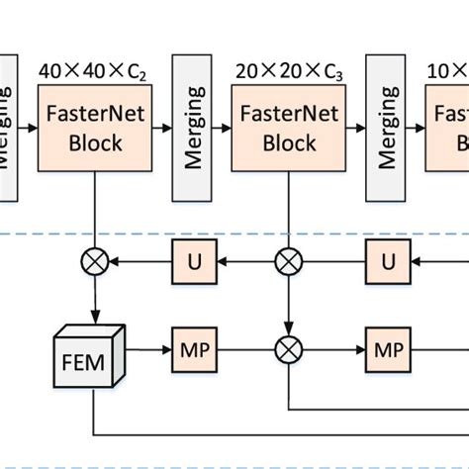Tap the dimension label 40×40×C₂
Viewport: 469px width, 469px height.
pyautogui.click(x=95, y=71)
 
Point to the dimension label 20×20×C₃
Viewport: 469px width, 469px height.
pyautogui.click(x=289, y=71)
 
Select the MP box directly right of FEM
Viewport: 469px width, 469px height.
pyautogui.click(x=192, y=350)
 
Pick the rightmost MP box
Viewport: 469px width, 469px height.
pyautogui.click(x=386, y=350)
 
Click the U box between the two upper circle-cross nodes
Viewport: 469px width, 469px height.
pyautogui.click(x=192, y=262)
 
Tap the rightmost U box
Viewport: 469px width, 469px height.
pyautogui.click(x=386, y=262)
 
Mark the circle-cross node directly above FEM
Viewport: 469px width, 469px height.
pyautogui.click(x=95, y=262)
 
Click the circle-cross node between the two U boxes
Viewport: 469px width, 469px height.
pyautogui.click(x=289, y=262)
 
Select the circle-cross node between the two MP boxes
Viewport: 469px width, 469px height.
pyautogui.click(x=289, y=350)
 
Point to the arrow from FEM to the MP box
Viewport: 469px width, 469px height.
pyautogui.click(x=145, y=350)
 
